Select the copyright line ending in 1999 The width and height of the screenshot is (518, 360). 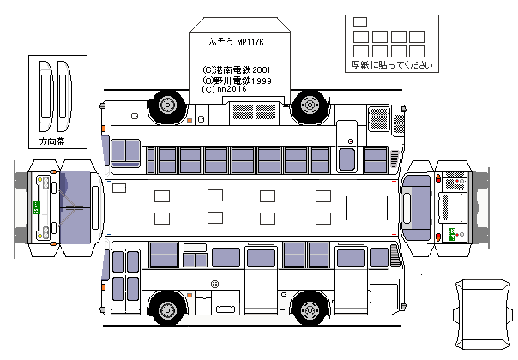pyautogui.click(x=237, y=80)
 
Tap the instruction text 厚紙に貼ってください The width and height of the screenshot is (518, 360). pyautogui.click(x=387, y=64)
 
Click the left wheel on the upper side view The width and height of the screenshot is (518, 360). pyautogui.click(x=166, y=105)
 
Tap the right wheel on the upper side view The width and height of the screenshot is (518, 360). pyautogui.click(x=308, y=105)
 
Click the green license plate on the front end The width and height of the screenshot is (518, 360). pyautogui.click(x=37, y=207)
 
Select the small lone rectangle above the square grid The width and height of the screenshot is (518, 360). pyautogui.click(x=359, y=21)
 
